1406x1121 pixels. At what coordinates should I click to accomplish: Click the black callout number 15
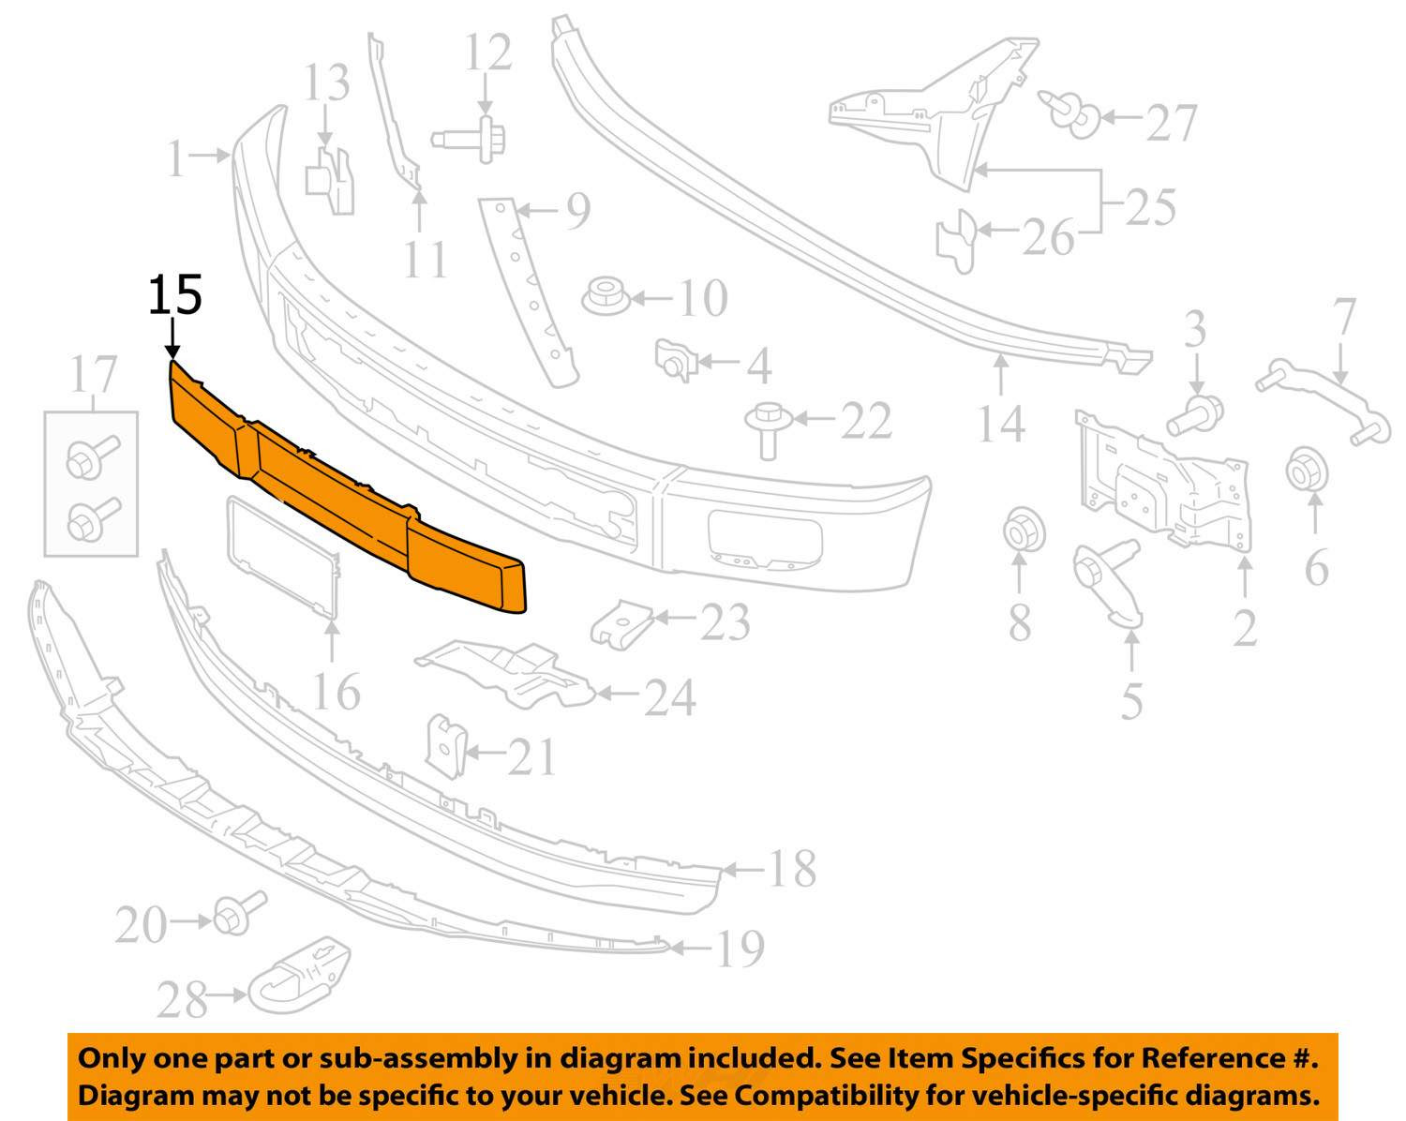175,295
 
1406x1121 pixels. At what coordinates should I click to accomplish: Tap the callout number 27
1171,122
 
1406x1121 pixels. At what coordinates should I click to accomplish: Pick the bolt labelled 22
768,426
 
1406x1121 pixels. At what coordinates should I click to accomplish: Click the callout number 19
740,949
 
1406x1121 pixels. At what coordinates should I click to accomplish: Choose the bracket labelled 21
446,747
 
